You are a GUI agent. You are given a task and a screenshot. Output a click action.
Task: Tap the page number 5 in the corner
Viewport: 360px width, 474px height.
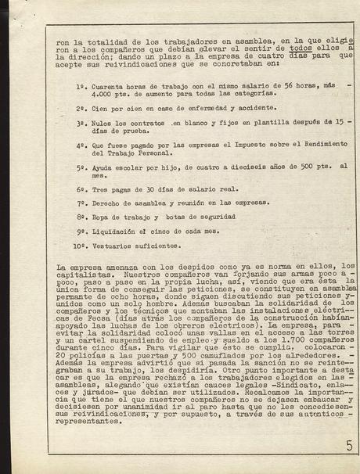347,448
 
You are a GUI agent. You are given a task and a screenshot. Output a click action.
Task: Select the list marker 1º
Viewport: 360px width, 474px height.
81,85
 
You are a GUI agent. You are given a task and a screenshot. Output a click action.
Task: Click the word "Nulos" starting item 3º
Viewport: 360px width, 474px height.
104,123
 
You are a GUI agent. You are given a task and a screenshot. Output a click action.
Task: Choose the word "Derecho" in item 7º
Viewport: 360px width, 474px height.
108,203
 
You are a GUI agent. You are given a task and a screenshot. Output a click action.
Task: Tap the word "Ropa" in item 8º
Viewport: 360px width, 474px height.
102,217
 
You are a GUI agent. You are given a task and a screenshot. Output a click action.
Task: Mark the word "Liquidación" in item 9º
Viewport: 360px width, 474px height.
116,232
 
